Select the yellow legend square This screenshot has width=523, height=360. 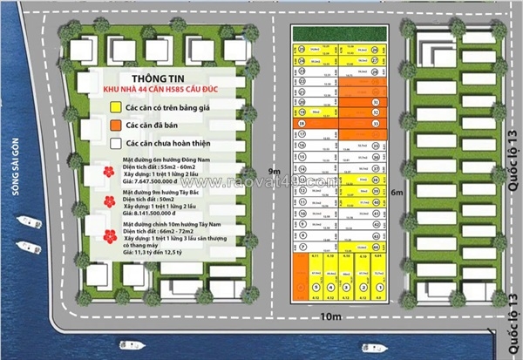pyautogui.click(x=115, y=107)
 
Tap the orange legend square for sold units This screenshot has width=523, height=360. pyautogui.click(x=115, y=125)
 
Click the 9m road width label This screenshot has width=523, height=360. pyautogui.click(x=275, y=171)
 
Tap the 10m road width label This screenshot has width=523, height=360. pyautogui.click(x=330, y=316)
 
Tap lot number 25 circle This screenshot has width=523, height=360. pyautogui.click(x=301, y=50)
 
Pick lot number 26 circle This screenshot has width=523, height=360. pyautogui.click(x=374, y=50)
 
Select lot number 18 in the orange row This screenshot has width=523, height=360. pyautogui.click(x=301, y=125)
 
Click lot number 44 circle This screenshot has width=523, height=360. pyautogui.click(x=374, y=247)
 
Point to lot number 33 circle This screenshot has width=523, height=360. pyautogui.click(x=374, y=125)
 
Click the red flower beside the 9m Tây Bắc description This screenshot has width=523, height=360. pyautogui.click(x=110, y=201)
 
